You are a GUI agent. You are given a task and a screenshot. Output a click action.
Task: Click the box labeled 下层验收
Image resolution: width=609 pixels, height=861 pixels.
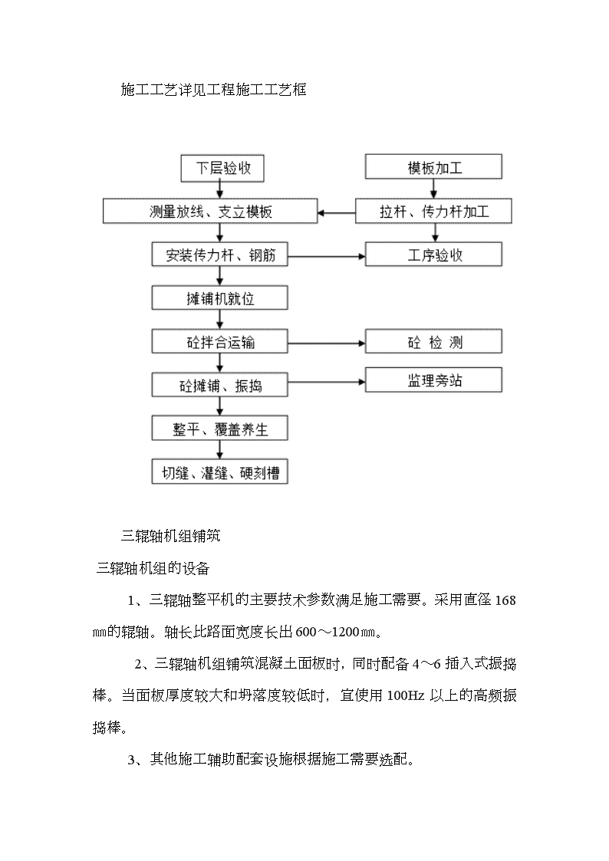pyautogui.click(x=222, y=168)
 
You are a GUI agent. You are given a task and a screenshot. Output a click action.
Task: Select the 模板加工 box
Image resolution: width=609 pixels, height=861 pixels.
pyautogui.click(x=434, y=166)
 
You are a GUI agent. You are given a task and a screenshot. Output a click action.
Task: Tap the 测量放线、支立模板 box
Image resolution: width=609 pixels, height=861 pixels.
pyautogui.click(x=210, y=211)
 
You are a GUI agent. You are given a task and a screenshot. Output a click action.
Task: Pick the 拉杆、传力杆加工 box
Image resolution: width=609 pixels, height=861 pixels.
pyautogui.click(x=434, y=211)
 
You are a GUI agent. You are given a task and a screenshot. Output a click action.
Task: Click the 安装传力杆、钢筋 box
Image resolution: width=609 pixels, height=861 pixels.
pyautogui.click(x=219, y=255)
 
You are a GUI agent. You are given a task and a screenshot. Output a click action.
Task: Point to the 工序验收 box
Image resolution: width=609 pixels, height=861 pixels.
pyautogui.click(x=434, y=255)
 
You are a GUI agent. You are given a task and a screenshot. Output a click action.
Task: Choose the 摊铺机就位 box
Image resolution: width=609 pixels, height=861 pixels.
pyautogui.click(x=219, y=297)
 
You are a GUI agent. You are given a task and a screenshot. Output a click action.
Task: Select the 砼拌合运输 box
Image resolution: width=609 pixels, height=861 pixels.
pyautogui.click(x=219, y=341)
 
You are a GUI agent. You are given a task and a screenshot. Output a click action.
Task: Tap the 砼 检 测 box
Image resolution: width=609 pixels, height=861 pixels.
pyautogui.click(x=434, y=341)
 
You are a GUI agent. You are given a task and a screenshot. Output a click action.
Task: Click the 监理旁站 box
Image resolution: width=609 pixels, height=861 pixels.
pyautogui.click(x=434, y=380)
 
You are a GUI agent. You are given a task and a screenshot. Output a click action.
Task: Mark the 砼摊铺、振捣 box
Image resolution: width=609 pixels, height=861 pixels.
pyautogui.click(x=219, y=385)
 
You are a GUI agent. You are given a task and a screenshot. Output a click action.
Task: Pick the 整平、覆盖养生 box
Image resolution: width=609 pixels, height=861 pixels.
pyautogui.click(x=219, y=429)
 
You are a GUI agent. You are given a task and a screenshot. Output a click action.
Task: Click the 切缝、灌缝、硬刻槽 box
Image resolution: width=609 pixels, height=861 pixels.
pyautogui.click(x=219, y=472)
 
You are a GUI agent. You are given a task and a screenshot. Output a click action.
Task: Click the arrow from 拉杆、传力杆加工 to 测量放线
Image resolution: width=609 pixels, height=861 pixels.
pyautogui.click(x=337, y=212)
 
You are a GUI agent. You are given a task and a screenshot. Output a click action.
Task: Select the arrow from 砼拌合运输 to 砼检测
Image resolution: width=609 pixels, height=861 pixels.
pyautogui.click(x=327, y=343)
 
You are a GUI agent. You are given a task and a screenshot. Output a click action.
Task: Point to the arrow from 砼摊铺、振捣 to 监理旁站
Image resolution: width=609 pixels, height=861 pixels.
pyautogui.click(x=327, y=382)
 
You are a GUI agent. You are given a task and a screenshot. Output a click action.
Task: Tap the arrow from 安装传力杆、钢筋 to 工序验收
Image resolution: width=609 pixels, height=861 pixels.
pyautogui.click(x=327, y=256)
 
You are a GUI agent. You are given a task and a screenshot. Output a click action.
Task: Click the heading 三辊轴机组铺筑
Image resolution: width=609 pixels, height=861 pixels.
pyautogui.click(x=171, y=536)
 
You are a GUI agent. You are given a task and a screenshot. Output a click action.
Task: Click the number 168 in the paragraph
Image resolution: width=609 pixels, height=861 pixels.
pyautogui.click(x=505, y=600)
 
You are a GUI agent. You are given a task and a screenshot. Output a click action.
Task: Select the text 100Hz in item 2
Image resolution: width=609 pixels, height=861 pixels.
pyautogui.click(x=405, y=695)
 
